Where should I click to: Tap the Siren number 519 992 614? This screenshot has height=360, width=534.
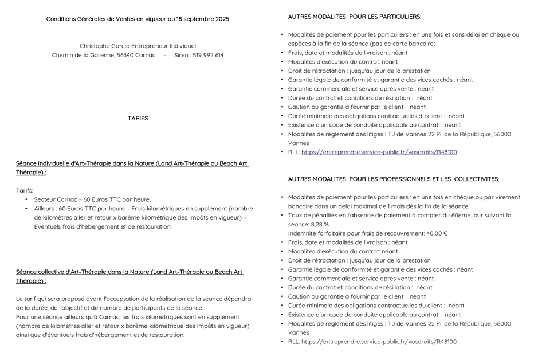click(x=208, y=56)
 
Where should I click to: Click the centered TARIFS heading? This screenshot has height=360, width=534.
click(x=138, y=118)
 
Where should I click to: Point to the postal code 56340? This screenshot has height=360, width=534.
click(x=126, y=56)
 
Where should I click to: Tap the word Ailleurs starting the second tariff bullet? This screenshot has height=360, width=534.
click(x=47, y=209)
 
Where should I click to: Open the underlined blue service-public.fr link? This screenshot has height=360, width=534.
click(x=379, y=152)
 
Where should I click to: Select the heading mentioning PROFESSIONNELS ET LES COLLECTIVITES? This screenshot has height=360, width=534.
click(x=393, y=179)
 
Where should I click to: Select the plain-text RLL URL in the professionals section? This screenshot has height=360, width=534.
click(x=379, y=342)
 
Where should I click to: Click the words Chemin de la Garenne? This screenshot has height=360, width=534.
click(x=83, y=56)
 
